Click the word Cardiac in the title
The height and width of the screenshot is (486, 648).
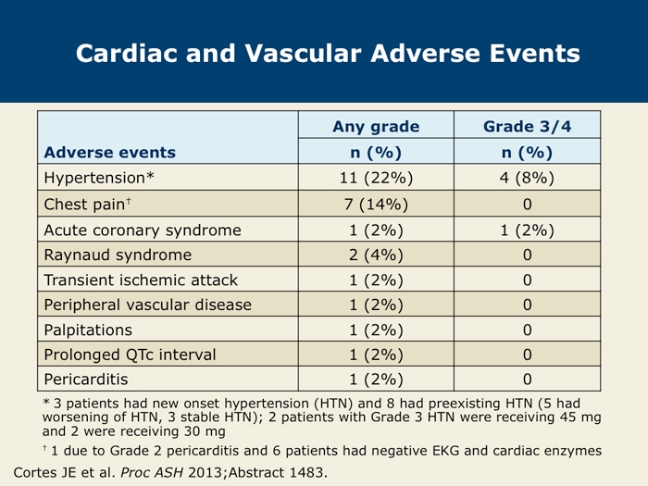[x=128, y=54]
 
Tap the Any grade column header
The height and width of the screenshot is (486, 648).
[x=376, y=127]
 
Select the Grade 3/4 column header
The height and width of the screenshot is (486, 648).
[x=528, y=127]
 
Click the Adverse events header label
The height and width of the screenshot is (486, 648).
[x=110, y=152]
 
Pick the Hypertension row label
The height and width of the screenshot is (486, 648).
[x=99, y=178]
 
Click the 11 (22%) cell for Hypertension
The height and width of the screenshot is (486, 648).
[x=376, y=178]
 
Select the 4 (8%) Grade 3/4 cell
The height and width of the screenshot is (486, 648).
[x=527, y=178]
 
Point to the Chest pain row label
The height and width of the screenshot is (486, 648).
[x=88, y=204]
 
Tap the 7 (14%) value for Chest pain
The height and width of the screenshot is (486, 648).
[x=376, y=205]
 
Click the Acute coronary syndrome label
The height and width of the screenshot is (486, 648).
[x=143, y=231]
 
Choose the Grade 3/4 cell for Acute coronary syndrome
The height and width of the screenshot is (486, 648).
[x=527, y=231]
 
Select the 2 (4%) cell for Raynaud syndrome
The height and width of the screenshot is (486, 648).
[x=376, y=255]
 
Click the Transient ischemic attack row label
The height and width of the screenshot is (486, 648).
[x=141, y=280]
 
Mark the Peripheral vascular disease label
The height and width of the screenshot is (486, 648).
[x=148, y=305]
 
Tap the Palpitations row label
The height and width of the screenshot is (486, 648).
[x=88, y=330]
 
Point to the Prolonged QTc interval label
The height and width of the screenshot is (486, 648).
[x=131, y=355]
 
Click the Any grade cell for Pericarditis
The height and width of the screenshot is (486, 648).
[x=376, y=380]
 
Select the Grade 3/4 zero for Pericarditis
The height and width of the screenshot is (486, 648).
[x=528, y=380]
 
